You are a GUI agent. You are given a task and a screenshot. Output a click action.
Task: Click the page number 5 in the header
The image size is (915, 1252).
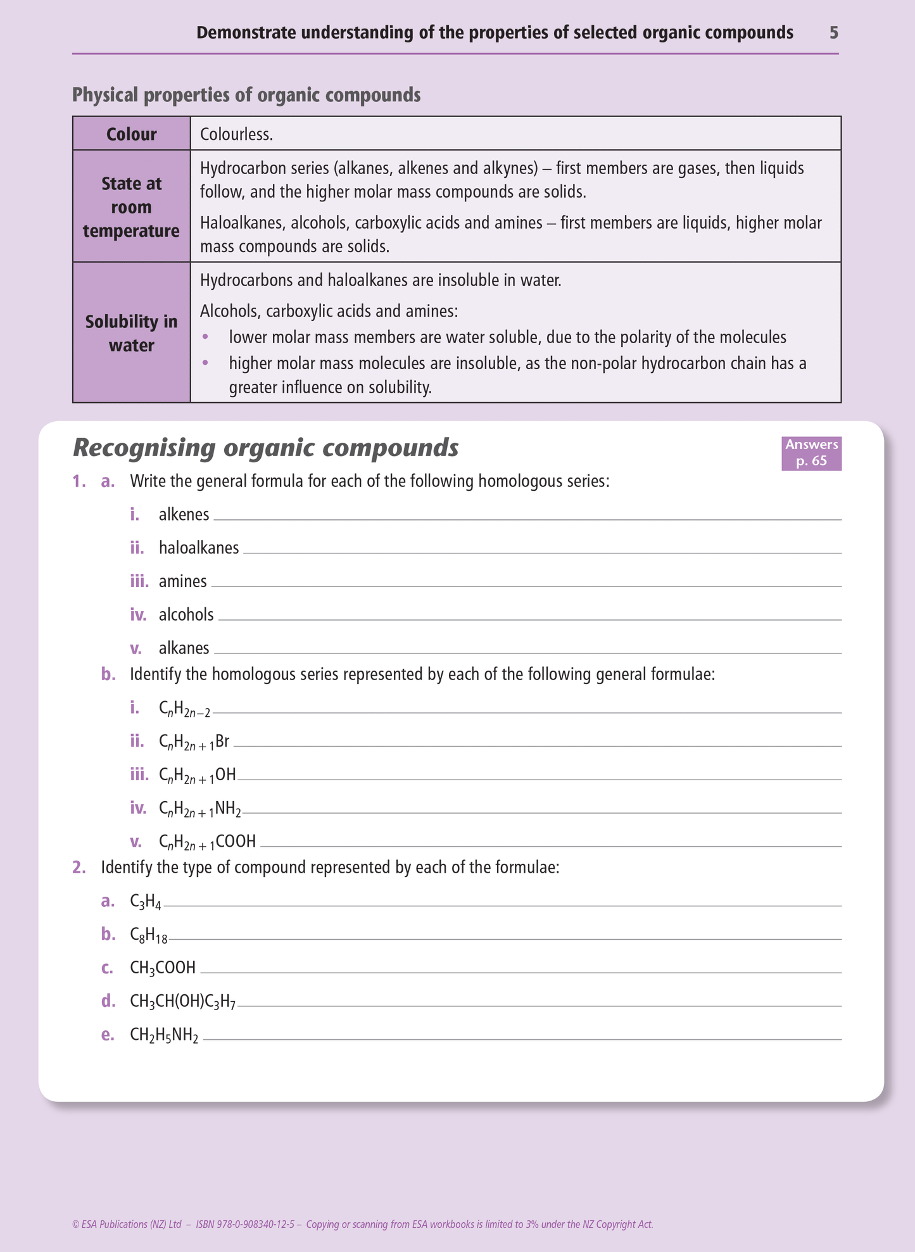(x=833, y=33)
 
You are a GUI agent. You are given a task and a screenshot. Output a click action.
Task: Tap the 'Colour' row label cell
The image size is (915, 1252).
(x=131, y=134)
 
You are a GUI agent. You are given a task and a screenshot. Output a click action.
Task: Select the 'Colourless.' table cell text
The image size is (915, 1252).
(x=236, y=134)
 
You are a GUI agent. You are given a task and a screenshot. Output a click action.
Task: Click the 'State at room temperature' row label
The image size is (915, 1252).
(x=131, y=207)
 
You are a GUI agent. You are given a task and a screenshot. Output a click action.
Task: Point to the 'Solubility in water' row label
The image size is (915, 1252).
(x=131, y=333)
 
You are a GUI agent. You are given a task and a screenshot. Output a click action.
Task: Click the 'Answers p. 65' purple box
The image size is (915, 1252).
(x=811, y=452)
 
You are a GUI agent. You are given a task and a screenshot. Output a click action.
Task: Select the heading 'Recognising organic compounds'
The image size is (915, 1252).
(x=265, y=448)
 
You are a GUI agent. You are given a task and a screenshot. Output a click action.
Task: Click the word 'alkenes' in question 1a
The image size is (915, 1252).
(x=184, y=514)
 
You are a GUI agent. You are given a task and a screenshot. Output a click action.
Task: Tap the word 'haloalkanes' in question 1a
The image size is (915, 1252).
(x=199, y=548)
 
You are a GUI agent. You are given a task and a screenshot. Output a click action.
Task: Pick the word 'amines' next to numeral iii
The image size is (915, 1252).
(x=182, y=581)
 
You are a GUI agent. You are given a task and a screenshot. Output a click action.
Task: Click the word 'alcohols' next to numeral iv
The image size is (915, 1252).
(x=186, y=615)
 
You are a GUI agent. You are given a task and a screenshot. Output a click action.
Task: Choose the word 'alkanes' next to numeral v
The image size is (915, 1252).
(x=184, y=648)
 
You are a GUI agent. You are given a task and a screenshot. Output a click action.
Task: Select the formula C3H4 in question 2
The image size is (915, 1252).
(x=145, y=902)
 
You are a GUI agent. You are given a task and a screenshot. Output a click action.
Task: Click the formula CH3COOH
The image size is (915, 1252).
(x=163, y=968)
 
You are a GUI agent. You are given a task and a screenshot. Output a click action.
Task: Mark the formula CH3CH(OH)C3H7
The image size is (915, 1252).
(x=182, y=1002)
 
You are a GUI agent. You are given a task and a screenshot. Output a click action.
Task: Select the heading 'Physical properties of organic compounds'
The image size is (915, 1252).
(x=246, y=95)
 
